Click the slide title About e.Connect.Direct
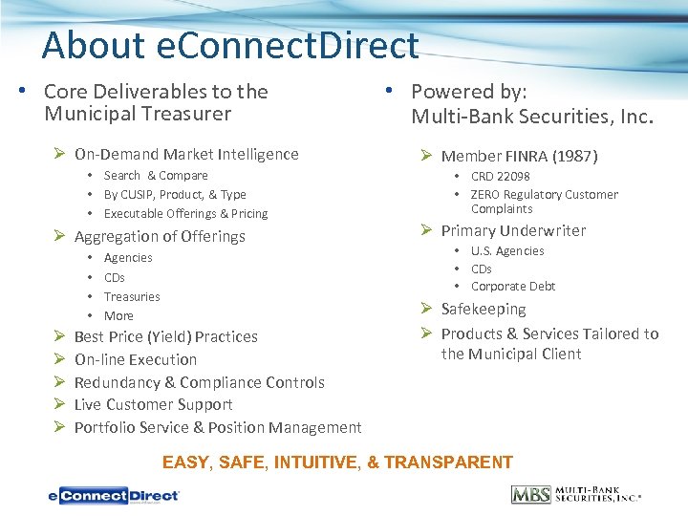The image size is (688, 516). [x=230, y=46]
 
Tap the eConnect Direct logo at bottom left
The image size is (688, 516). [x=115, y=495]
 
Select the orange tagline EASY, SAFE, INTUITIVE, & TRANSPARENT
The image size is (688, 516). [x=337, y=462]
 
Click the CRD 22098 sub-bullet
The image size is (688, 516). [x=500, y=177]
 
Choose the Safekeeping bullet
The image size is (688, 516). [x=484, y=310]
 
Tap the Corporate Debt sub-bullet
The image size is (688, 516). [x=513, y=287]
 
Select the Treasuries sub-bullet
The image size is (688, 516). [x=132, y=297]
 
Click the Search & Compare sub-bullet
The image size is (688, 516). [x=156, y=176]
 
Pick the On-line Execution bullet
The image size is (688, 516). [x=136, y=360]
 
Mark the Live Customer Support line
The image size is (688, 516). [x=153, y=405]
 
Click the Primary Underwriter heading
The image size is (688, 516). [x=513, y=231]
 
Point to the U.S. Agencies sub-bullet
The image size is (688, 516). [x=507, y=251]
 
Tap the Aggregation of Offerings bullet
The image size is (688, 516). [x=160, y=237]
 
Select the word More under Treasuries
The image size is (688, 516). [x=118, y=316]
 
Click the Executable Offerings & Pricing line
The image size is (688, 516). [x=185, y=214]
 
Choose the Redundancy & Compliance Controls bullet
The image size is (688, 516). [x=199, y=382]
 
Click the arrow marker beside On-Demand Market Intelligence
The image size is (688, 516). [x=59, y=155]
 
